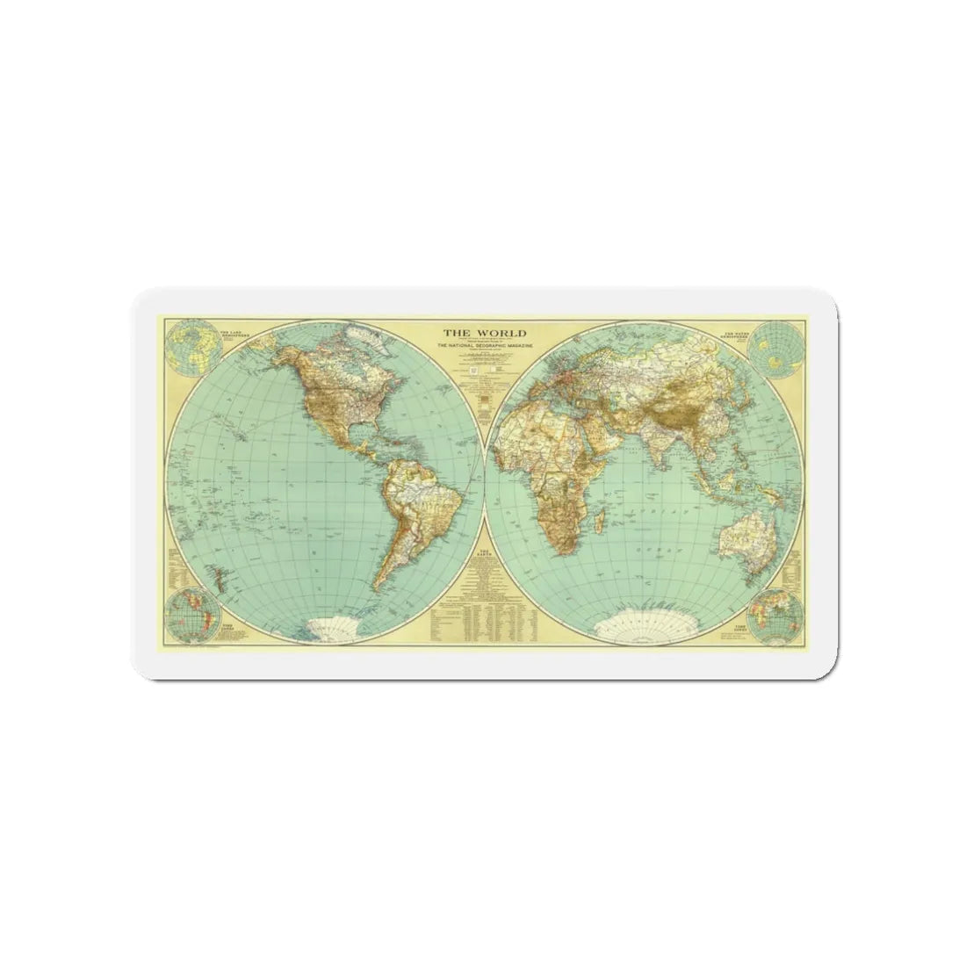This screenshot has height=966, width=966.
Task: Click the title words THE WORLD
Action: pyautogui.click(x=484, y=334)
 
